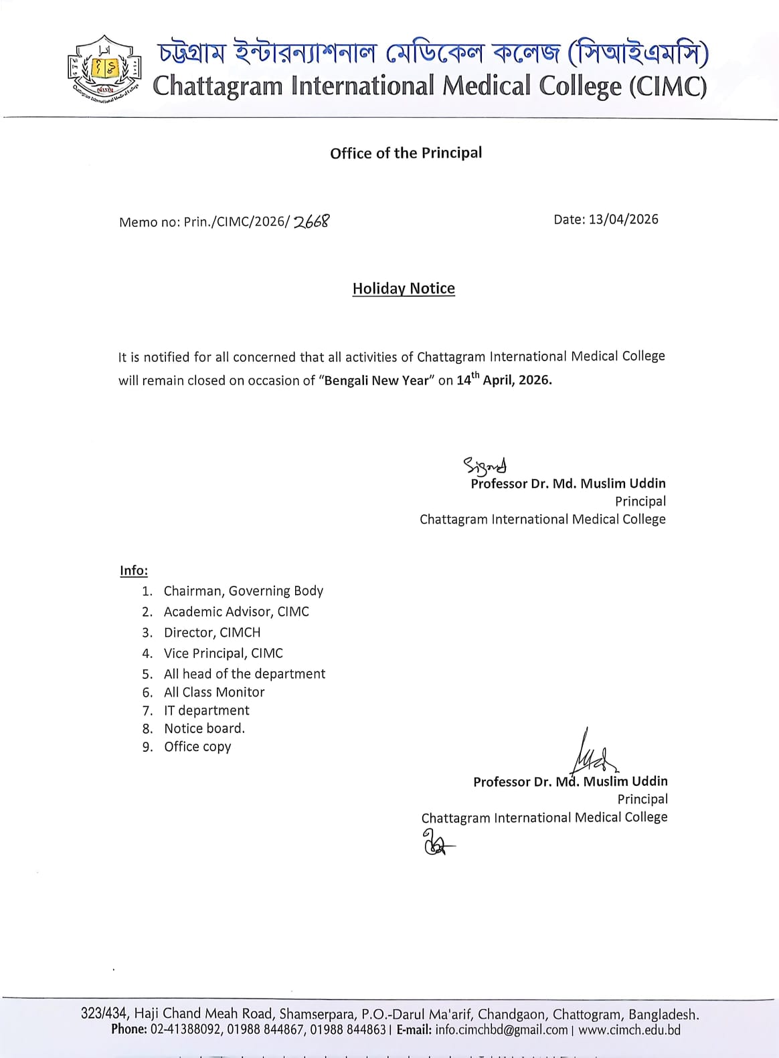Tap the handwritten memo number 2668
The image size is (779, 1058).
pyautogui.click(x=311, y=221)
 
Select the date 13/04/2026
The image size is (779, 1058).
pyautogui.click(x=623, y=219)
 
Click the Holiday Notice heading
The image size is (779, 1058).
pyautogui.click(x=404, y=288)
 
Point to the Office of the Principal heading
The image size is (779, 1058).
pyautogui.click(x=406, y=153)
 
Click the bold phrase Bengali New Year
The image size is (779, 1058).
pyautogui.click(x=376, y=381)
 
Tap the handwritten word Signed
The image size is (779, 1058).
pyautogui.click(x=485, y=464)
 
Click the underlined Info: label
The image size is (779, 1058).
pyautogui.click(x=134, y=570)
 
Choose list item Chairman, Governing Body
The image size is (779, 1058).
pyautogui.click(x=243, y=591)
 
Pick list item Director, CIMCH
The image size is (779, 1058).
pyautogui.click(x=211, y=633)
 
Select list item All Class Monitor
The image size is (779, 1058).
pyautogui.click(x=213, y=692)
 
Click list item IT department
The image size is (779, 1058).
pyautogui.click(x=206, y=710)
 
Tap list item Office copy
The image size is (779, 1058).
pyautogui.click(x=197, y=747)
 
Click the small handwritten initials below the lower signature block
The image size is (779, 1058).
pyautogui.click(x=436, y=843)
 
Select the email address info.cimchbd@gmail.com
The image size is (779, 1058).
pyautogui.click(x=501, y=1031)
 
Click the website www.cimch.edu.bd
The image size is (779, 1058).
pyautogui.click(x=629, y=1031)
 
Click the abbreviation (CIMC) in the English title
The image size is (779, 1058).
pyautogui.click(x=667, y=87)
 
